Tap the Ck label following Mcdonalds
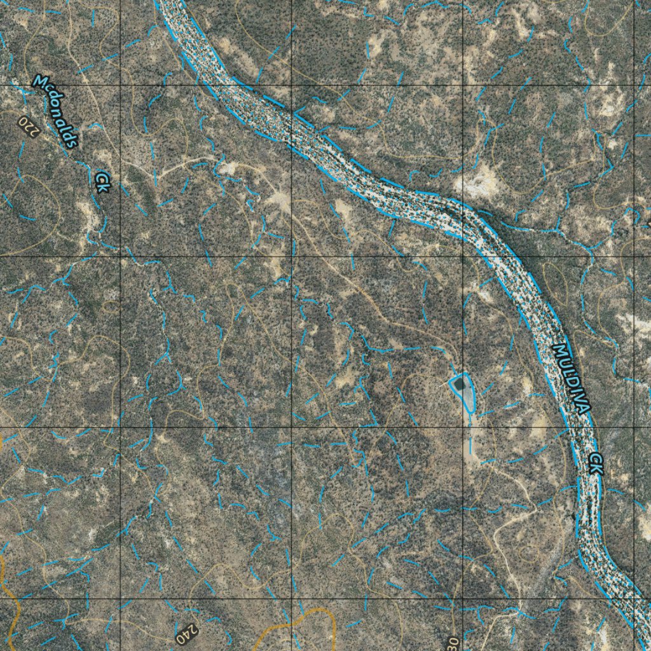(102, 181)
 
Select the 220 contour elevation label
(29, 126)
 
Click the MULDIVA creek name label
(572, 379)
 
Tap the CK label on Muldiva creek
(596, 463)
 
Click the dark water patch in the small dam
(459, 384)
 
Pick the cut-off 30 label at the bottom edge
(452, 643)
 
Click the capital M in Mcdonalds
(40, 82)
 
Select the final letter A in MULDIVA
(585, 408)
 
